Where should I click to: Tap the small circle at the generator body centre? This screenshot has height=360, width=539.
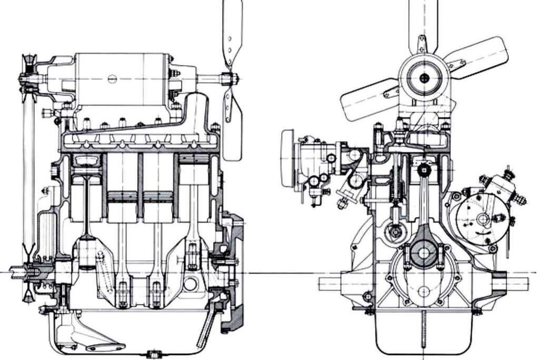click(x=111, y=79)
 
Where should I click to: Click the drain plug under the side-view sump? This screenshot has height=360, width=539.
click(x=153, y=353)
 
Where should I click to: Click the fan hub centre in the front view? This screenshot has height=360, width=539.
click(x=424, y=79)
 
